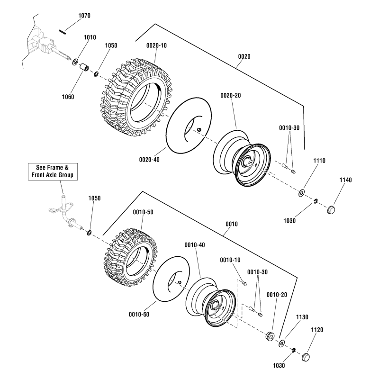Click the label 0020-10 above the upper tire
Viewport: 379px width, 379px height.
157,45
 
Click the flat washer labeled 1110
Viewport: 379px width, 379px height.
301,193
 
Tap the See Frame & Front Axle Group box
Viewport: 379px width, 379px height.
53,171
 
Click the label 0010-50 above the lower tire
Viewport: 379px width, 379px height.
144,212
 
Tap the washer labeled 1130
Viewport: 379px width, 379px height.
282,343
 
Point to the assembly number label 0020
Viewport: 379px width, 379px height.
244,56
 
